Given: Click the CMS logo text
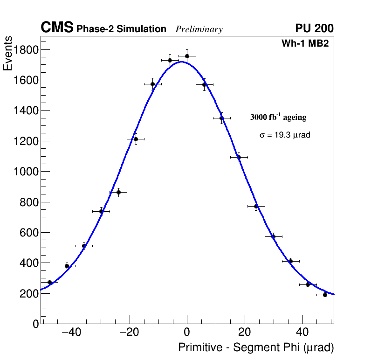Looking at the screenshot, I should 57,28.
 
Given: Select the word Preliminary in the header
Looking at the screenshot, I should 199,29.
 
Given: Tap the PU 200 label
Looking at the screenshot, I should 314,28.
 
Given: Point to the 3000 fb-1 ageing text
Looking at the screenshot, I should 278,117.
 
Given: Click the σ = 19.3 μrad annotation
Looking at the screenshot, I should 285,135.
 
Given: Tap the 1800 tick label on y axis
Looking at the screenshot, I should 26,49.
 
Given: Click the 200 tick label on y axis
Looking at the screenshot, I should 29,293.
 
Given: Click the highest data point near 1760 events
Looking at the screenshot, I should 187,56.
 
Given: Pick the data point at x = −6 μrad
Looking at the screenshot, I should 170,60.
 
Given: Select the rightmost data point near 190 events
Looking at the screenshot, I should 325,295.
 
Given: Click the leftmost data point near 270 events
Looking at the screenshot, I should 49,282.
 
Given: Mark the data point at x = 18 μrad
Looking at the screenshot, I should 239,157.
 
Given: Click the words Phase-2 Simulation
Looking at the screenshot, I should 121,29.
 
